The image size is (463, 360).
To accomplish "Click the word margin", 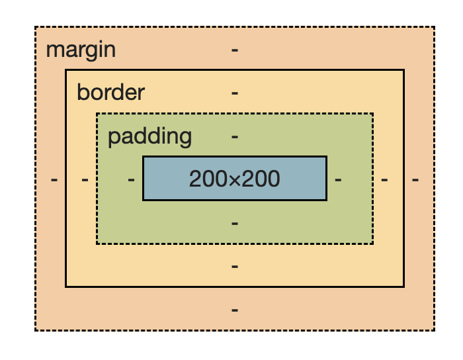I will [81, 50].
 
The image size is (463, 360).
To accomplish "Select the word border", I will [110, 92].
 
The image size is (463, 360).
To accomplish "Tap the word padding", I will [149, 136].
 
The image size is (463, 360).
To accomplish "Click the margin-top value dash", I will [235, 50].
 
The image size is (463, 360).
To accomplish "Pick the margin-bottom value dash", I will [235, 310].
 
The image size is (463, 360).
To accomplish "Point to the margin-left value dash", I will [54, 179].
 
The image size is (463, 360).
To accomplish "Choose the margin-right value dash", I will [415, 179].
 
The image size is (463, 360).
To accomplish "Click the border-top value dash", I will [235, 93].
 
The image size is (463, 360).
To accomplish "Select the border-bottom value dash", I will [235, 266].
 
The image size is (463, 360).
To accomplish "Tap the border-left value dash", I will [85, 179].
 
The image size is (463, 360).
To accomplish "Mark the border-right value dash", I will [384, 179].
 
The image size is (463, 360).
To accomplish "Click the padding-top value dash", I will [235, 136].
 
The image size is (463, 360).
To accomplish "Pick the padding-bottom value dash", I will [235, 223].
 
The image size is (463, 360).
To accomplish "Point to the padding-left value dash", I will [131, 179].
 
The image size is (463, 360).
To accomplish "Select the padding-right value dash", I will [338, 179].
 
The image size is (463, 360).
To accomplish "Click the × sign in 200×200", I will [235, 179].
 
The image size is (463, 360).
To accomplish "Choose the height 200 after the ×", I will [261, 179].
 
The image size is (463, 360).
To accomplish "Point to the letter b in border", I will [82, 92].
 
